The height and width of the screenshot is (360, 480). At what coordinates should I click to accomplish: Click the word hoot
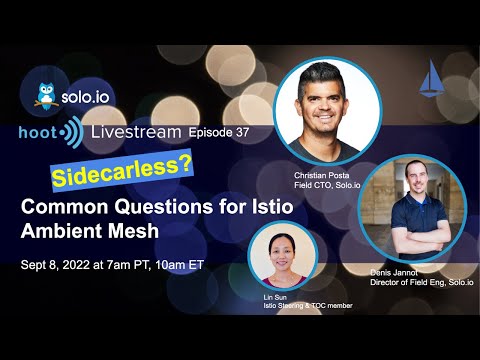[x=35, y=133]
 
